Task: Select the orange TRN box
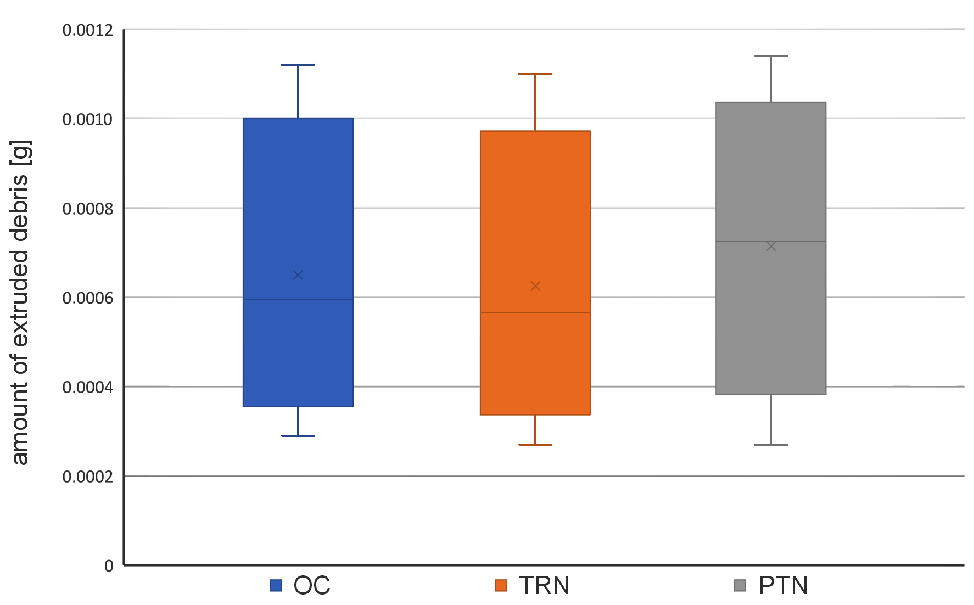[x=535, y=220]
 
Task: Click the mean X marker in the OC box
[x=298, y=275]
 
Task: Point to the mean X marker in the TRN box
[x=535, y=286]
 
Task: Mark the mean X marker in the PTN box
[x=771, y=247]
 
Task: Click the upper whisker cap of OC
[x=298, y=65]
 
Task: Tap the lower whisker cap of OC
[x=298, y=436]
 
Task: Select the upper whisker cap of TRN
[x=535, y=74]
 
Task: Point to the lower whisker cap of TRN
[x=535, y=445]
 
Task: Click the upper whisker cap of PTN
[x=771, y=56]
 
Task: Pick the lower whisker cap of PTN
[x=771, y=445]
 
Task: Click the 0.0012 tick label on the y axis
[x=88, y=30]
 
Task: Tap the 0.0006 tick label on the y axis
[x=88, y=298]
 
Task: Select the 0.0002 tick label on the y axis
[x=88, y=477]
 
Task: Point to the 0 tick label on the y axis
[x=109, y=566]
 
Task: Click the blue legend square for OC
[x=276, y=585]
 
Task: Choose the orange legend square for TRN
[x=501, y=585]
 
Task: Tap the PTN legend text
[x=783, y=585]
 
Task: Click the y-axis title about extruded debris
[x=20, y=302]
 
